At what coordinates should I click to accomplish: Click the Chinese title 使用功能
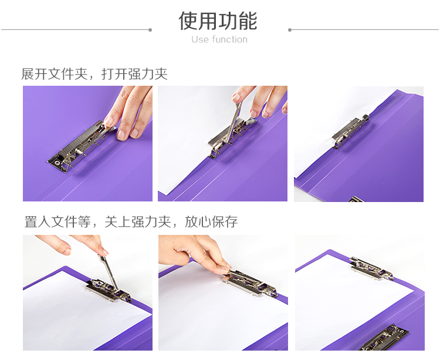(218, 21)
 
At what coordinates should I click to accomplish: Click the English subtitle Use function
(219, 39)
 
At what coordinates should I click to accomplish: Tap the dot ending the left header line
(150, 30)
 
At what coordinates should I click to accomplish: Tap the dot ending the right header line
(290, 30)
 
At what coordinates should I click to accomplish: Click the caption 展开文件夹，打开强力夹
(94, 74)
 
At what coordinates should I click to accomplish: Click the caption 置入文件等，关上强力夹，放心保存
(131, 222)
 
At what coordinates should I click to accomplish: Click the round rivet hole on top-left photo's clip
(57, 163)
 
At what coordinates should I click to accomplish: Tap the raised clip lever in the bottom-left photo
(109, 272)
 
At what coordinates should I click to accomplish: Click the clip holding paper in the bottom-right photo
(372, 269)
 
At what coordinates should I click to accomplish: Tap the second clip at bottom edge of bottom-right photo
(384, 338)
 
